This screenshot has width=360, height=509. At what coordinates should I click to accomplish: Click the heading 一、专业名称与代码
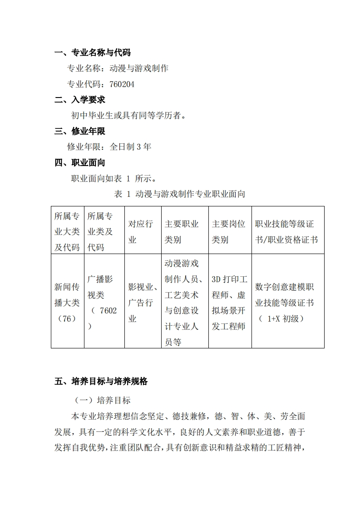tap(92, 53)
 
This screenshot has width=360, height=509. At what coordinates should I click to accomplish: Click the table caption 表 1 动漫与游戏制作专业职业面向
tap(180, 194)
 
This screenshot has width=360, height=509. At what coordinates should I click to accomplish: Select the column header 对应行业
tap(141, 231)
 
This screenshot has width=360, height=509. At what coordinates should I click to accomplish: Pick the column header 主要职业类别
tap(182, 231)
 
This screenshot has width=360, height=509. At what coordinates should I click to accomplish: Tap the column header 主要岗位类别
tap(228, 231)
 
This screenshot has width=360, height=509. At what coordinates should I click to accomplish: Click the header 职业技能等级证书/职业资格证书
tap(286, 231)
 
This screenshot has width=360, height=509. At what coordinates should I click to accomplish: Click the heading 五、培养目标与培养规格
tap(101, 382)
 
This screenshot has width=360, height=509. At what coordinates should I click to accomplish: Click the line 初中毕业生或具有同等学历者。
tap(128, 115)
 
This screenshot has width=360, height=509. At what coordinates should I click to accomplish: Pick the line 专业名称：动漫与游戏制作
tap(118, 69)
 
